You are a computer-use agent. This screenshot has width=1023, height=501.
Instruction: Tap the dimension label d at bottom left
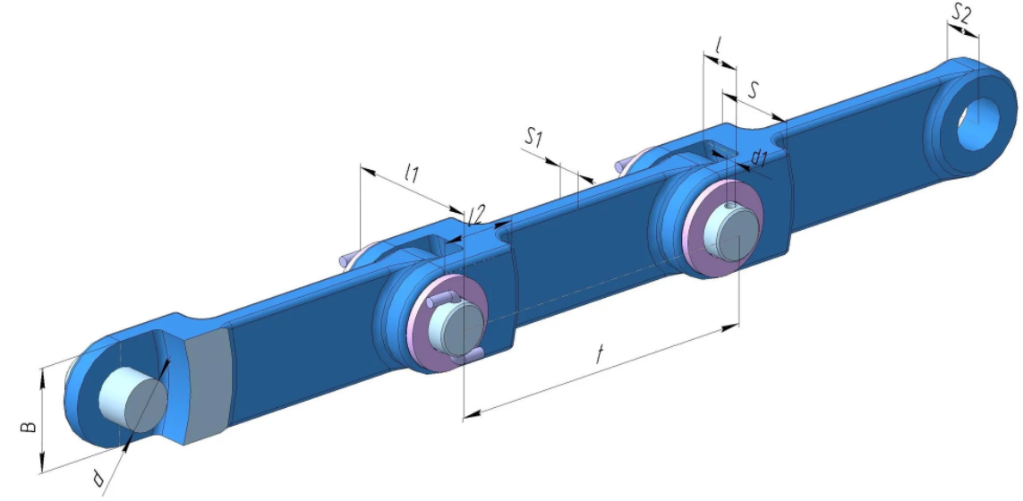click(x=98, y=480)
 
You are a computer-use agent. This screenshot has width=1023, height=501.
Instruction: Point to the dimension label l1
click(x=411, y=172)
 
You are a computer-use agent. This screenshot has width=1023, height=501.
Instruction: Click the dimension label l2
click(x=477, y=216)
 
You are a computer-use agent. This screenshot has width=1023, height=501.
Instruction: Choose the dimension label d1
click(x=759, y=157)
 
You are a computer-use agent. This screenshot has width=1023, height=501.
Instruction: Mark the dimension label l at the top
click(x=718, y=45)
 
